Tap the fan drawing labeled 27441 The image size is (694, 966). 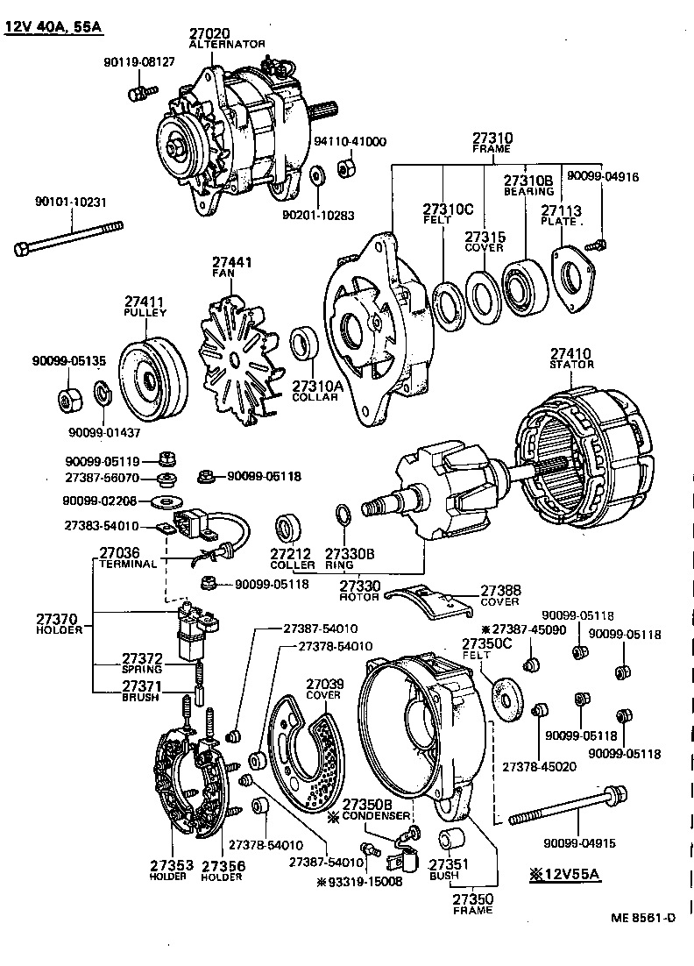click(235, 350)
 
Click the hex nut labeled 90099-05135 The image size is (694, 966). click(67, 400)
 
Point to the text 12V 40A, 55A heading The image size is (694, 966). click(53, 27)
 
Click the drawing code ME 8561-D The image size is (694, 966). click(644, 918)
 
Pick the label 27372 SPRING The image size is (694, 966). click(142, 663)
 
